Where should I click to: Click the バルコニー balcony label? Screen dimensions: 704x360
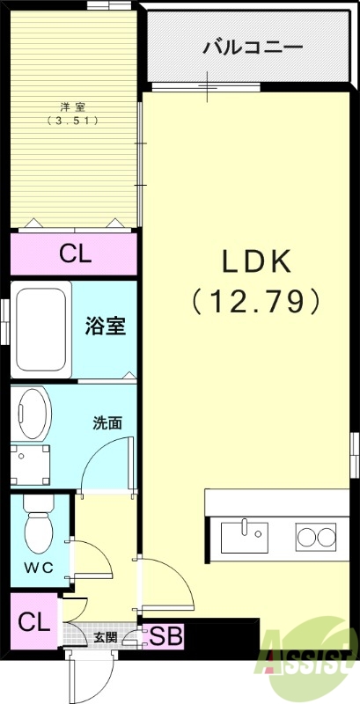point(253,46)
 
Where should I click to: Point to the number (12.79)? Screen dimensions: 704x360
point(255,302)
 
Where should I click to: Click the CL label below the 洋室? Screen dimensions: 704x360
point(76,254)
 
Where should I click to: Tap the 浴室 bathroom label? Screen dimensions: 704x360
point(106,326)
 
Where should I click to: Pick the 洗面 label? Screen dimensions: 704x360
point(107,422)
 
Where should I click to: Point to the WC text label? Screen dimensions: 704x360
point(38,568)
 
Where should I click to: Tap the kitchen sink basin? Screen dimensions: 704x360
point(244,535)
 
